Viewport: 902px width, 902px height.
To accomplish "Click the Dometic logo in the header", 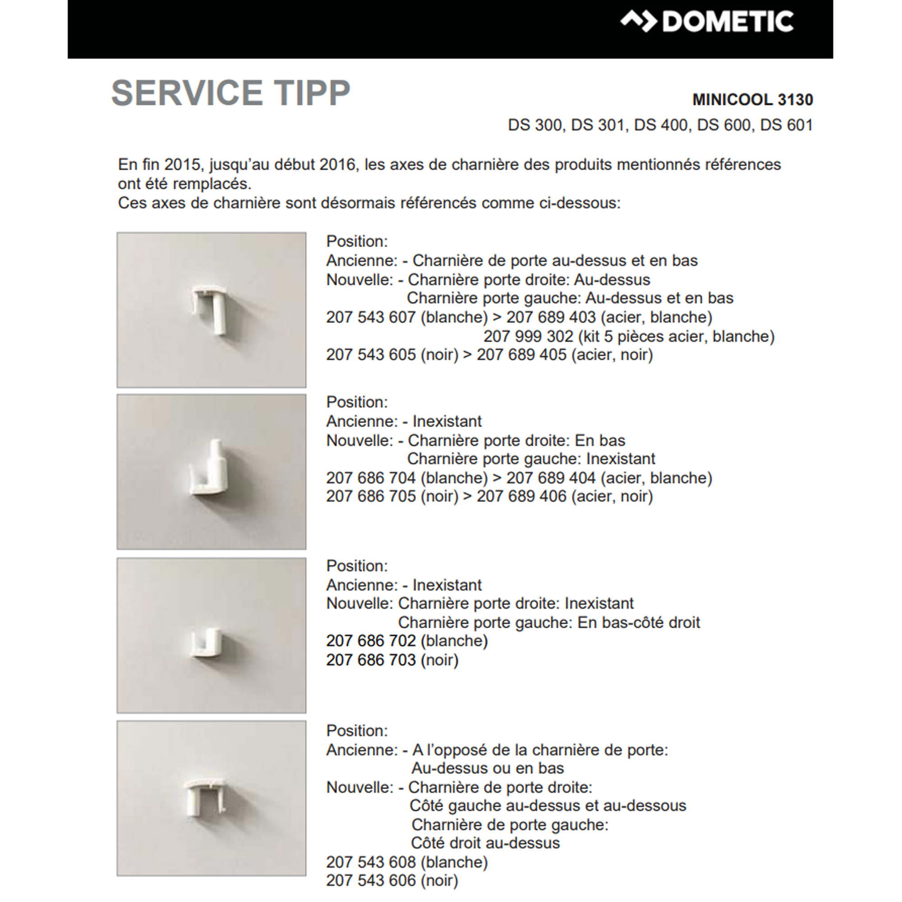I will point(706,22).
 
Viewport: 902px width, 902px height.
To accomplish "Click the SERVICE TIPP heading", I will point(230,92).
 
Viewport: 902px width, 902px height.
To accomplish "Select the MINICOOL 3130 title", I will point(752,99).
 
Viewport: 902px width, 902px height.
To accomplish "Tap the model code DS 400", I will point(660,125).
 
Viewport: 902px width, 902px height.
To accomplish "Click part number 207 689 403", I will point(551,317).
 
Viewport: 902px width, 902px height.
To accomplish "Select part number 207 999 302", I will point(528,336).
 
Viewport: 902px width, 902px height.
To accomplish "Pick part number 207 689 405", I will point(521,354).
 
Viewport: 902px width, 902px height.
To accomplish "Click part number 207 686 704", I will point(371,478).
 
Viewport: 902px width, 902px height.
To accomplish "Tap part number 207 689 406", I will point(521,496).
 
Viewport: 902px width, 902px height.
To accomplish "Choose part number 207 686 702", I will point(371,640).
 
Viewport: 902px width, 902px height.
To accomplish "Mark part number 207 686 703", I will point(371,660).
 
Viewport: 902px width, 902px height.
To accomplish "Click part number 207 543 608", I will point(371,862).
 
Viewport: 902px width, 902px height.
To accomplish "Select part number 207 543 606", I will point(371,880).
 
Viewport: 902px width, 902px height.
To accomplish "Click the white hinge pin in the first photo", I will point(210,308).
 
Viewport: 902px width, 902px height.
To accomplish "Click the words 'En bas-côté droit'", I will point(639,622).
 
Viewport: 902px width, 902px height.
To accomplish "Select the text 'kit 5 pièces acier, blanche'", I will point(676,336).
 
